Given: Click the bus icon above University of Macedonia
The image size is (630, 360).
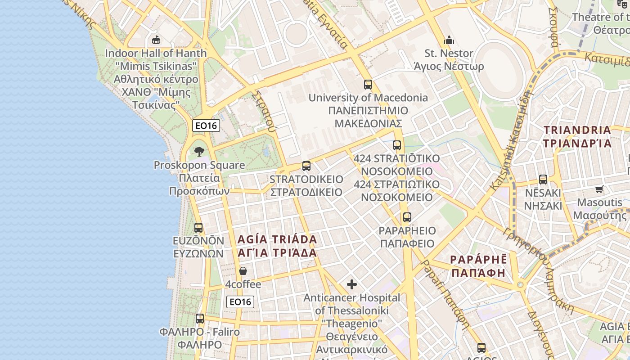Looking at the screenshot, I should [368, 84].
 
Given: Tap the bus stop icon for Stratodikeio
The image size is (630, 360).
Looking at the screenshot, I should [306, 166].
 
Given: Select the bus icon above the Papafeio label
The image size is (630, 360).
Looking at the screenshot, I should [407, 217].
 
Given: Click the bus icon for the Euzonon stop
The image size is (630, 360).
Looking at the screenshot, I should [198, 228].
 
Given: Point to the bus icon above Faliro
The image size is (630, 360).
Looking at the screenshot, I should [200, 319].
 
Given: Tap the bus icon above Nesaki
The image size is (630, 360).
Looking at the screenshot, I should [543, 179].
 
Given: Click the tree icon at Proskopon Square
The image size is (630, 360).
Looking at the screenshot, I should [199, 152].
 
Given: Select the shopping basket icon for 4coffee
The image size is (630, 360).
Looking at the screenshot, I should [243, 271].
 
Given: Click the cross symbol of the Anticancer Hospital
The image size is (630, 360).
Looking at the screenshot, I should [352, 284].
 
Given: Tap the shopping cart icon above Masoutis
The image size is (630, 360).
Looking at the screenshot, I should [599, 189].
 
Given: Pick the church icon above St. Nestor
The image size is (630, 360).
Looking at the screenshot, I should [449, 40].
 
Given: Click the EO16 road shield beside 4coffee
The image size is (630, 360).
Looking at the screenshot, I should [240, 302].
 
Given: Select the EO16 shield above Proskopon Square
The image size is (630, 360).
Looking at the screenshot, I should [206, 126].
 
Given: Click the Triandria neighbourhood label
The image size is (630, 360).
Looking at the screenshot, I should [577, 136].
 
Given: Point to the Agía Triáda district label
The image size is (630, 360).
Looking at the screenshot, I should [277, 246].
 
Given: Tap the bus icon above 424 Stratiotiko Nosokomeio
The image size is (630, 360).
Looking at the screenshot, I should [396, 145].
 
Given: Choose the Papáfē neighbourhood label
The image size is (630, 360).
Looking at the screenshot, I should [478, 266].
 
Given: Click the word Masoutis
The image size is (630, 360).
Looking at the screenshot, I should [600, 202].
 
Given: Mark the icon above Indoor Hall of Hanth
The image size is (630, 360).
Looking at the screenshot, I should [156, 40].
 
